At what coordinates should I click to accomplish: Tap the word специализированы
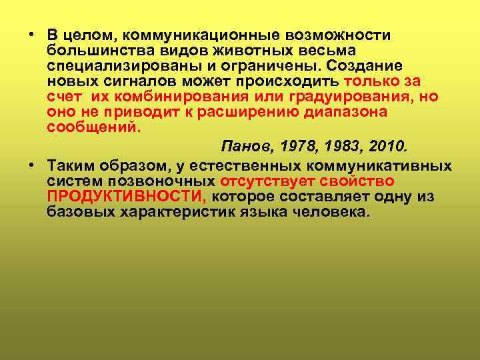tap(114, 66)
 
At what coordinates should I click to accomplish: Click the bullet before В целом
tap(32, 35)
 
